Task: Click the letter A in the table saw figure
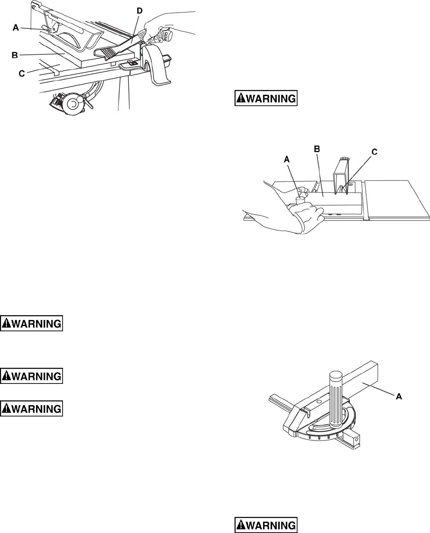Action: coord(15,27)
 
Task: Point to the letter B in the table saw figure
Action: coord(15,55)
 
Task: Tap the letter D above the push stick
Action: coord(139,11)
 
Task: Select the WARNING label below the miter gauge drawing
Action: coord(266,525)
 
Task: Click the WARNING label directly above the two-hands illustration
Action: coord(266,98)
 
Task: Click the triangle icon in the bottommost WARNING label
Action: coord(240,525)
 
